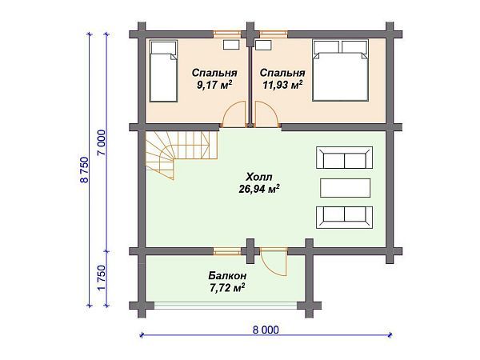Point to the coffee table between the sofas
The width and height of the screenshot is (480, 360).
click(x=345, y=187)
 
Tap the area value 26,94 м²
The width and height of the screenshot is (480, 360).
click(x=258, y=190)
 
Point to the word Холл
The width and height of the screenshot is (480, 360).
click(x=259, y=178)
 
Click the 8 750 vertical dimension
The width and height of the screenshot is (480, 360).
click(x=84, y=169)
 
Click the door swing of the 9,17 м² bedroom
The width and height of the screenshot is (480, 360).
click(x=233, y=115)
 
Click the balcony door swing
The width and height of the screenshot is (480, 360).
click(x=274, y=262)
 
